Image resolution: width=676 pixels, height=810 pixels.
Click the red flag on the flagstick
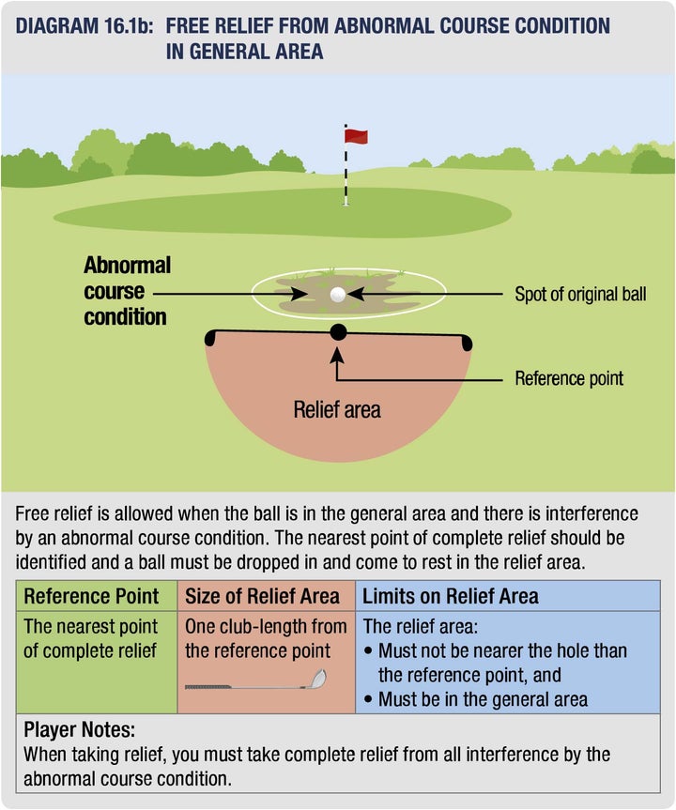pyautogui.click(x=356, y=136)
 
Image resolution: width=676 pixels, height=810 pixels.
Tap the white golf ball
pyautogui.click(x=338, y=294)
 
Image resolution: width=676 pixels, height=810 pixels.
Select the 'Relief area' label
pyautogui.click(x=337, y=409)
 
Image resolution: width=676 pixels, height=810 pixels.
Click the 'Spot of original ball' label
pyautogui.click(x=580, y=295)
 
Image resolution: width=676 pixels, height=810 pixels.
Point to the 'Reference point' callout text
pyautogui.click(x=569, y=379)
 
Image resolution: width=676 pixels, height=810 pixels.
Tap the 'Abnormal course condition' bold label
pyautogui.click(x=127, y=291)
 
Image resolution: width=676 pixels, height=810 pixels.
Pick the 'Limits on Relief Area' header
pyautogui.click(x=451, y=596)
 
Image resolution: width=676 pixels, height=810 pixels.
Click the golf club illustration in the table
pyautogui.click(x=255, y=681)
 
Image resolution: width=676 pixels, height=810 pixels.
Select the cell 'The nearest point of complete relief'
pyautogui.click(x=91, y=637)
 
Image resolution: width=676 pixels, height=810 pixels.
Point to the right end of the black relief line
pyautogui.click(x=467, y=340)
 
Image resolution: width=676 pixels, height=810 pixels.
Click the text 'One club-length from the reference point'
pyautogui.click(x=266, y=637)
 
